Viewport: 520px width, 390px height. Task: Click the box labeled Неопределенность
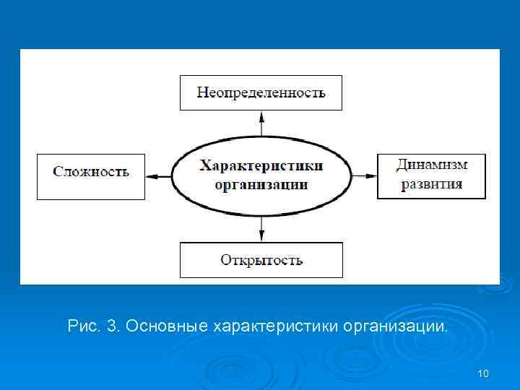tap(261, 92)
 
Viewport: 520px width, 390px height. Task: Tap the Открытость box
tap(261, 260)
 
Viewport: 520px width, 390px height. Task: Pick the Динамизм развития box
tap(430, 175)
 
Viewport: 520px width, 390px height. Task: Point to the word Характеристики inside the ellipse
tap(261, 166)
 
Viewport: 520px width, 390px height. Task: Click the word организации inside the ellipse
tap(261, 185)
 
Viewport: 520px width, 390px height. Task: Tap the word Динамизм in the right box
tap(431, 165)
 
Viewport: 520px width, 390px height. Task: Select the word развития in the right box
tap(431, 184)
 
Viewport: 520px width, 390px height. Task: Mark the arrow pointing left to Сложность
tap(158, 175)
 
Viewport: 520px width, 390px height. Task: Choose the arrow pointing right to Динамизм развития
tap(364, 175)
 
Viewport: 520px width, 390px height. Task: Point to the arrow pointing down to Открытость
tap(261, 229)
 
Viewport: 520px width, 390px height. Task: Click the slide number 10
tap(483, 373)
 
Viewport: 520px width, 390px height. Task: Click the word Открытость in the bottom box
tap(261, 260)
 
